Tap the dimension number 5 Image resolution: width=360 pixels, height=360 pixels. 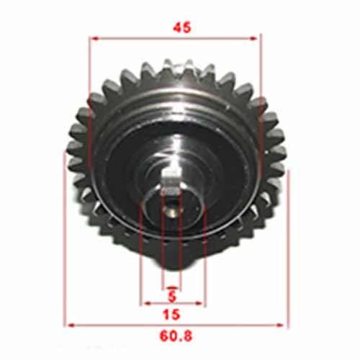tap(171, 295)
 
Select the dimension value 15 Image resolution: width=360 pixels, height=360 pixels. tap(172, 314)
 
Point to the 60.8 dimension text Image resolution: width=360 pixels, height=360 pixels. tap(176, 336)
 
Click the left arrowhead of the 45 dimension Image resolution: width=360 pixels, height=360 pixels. tap(91, 38)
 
